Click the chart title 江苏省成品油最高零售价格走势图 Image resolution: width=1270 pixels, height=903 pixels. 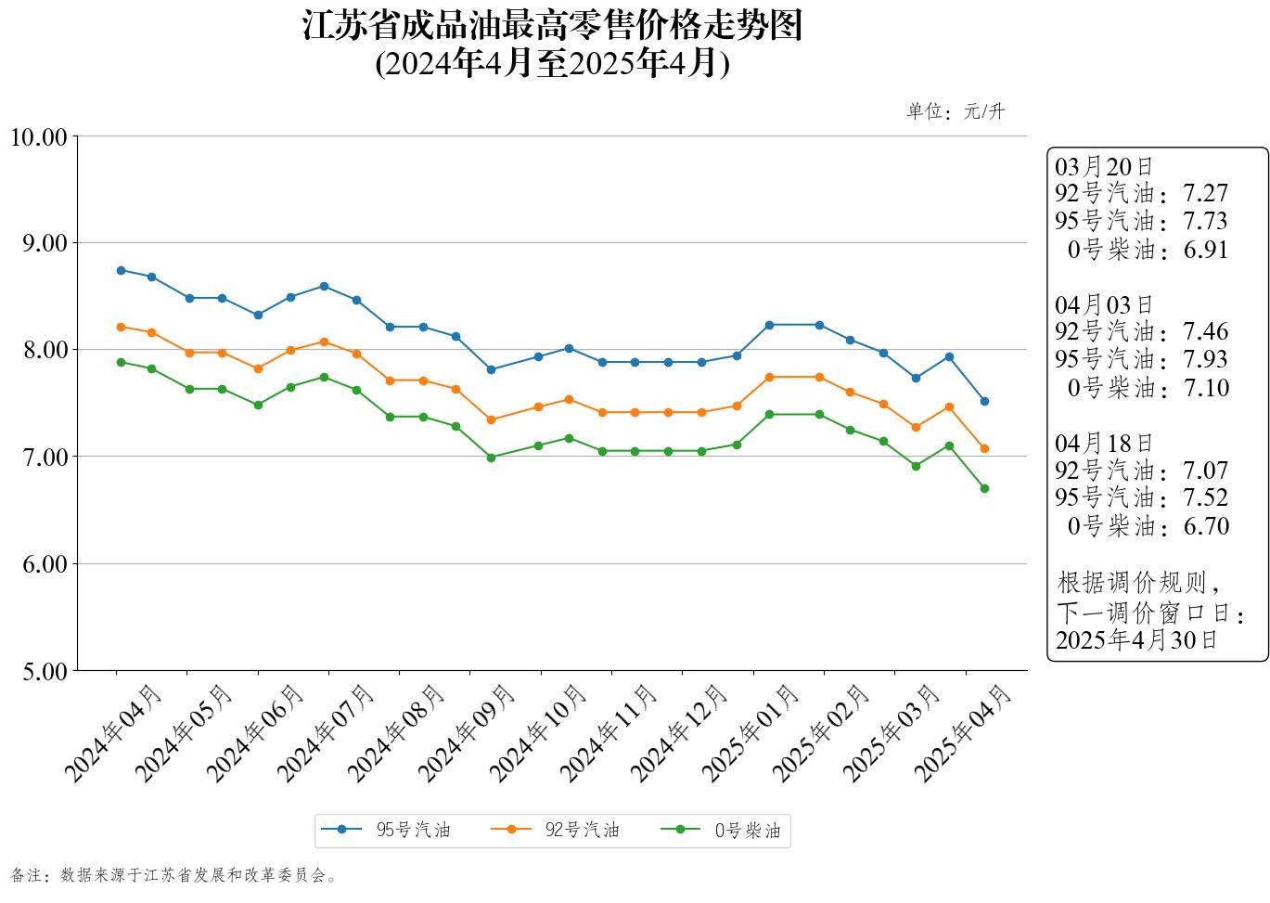pyautogui.click(x=552, y=26)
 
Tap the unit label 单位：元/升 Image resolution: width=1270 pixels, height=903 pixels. pyautogui.click(x=956, y=111)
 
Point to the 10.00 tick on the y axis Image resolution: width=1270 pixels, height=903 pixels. pyautogui.click(x=39, y=137)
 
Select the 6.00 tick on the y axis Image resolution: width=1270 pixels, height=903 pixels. pyautogui.click(x=45, y=564)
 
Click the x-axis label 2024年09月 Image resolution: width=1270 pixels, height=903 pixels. pyautogui.click(x=467, y=733)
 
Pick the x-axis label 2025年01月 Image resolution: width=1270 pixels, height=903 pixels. pyautogui.click(x=750, y=733)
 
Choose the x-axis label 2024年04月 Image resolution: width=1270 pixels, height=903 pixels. pyautogui.click(x=113, y=733)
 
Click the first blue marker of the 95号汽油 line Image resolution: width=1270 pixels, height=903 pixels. pyautogui.click(x=121, y=270)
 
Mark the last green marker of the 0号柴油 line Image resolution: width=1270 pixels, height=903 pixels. pyautogui.click(x=984, y=488)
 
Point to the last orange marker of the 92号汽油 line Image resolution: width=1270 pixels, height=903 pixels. pyautogui.click(x=984, y=448)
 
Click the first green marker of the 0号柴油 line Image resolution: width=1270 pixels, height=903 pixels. pyautogui.click(x=121, y=362)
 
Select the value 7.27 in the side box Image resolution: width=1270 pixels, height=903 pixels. pyautogui.click(x=1205, y=193)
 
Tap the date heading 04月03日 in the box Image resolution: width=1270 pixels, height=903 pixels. pyautogui.click(x=1104, y=304)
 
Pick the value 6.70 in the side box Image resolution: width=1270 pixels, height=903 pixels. pyautogui.click(x=1205, y=526)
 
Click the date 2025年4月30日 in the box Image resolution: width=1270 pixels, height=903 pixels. pyautogui.click(x=1136, y=639)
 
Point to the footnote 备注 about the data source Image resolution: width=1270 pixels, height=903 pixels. pyautogui.click(x=173, y=875)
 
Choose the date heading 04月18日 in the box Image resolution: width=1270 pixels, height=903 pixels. pyautogui.click(x=1104, y=443)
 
